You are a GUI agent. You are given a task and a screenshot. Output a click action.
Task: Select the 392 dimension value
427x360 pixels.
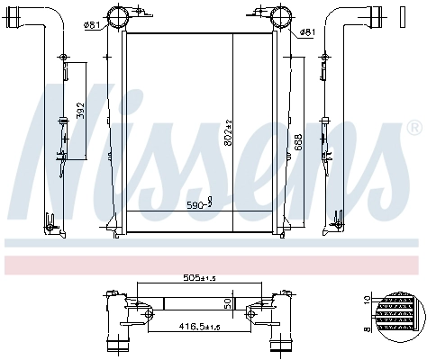click(79, 111)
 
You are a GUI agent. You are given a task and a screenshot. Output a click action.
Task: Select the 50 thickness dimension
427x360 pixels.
click(228, 303)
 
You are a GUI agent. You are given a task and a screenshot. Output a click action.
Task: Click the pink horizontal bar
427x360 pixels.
click(213, 264)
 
